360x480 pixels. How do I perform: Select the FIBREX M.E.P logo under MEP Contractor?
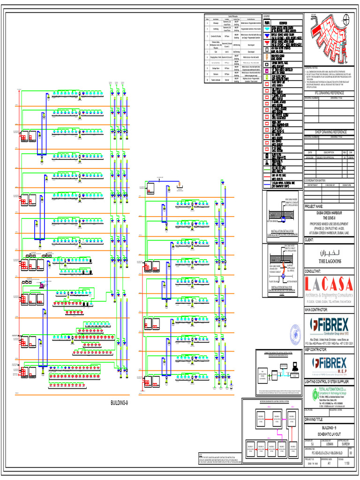(x=329, y=364)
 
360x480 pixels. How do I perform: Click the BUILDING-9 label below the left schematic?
(x=119, y=403)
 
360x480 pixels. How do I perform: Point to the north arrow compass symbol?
(x=346, y=20)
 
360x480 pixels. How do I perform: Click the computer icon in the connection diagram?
(x=294, y=368)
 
